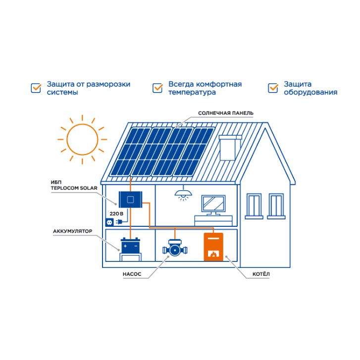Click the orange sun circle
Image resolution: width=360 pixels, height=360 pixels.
point(67,139)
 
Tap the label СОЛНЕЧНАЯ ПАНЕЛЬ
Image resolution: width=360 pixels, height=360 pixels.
point(226,113)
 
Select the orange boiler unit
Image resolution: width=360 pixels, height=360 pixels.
point(213,247)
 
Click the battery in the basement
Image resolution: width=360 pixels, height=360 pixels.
point(130,246)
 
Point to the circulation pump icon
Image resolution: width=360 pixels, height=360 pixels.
point(175,248)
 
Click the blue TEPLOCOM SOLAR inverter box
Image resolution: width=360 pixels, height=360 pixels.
point(130,200)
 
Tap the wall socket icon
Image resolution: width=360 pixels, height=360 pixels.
point(109,222)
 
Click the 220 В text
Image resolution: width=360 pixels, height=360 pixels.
point(116,214)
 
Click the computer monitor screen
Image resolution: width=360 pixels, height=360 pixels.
point(213,204)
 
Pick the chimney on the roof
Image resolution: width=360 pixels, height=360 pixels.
point(230,148)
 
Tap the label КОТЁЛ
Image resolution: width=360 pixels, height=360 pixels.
point(261,274)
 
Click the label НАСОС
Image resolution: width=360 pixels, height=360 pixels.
point(132,274)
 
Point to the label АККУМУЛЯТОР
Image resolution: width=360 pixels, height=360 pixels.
point(73,231)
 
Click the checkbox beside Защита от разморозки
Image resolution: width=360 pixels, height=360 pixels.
point(36,88)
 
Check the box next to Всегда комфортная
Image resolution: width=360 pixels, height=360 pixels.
point(157,88)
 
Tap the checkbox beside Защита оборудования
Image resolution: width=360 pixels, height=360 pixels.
point(273,88)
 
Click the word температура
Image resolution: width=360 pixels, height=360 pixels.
point(192,93)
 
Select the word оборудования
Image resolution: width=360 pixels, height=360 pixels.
point(310,92)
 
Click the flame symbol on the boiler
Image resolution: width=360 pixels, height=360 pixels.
point(213,254)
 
